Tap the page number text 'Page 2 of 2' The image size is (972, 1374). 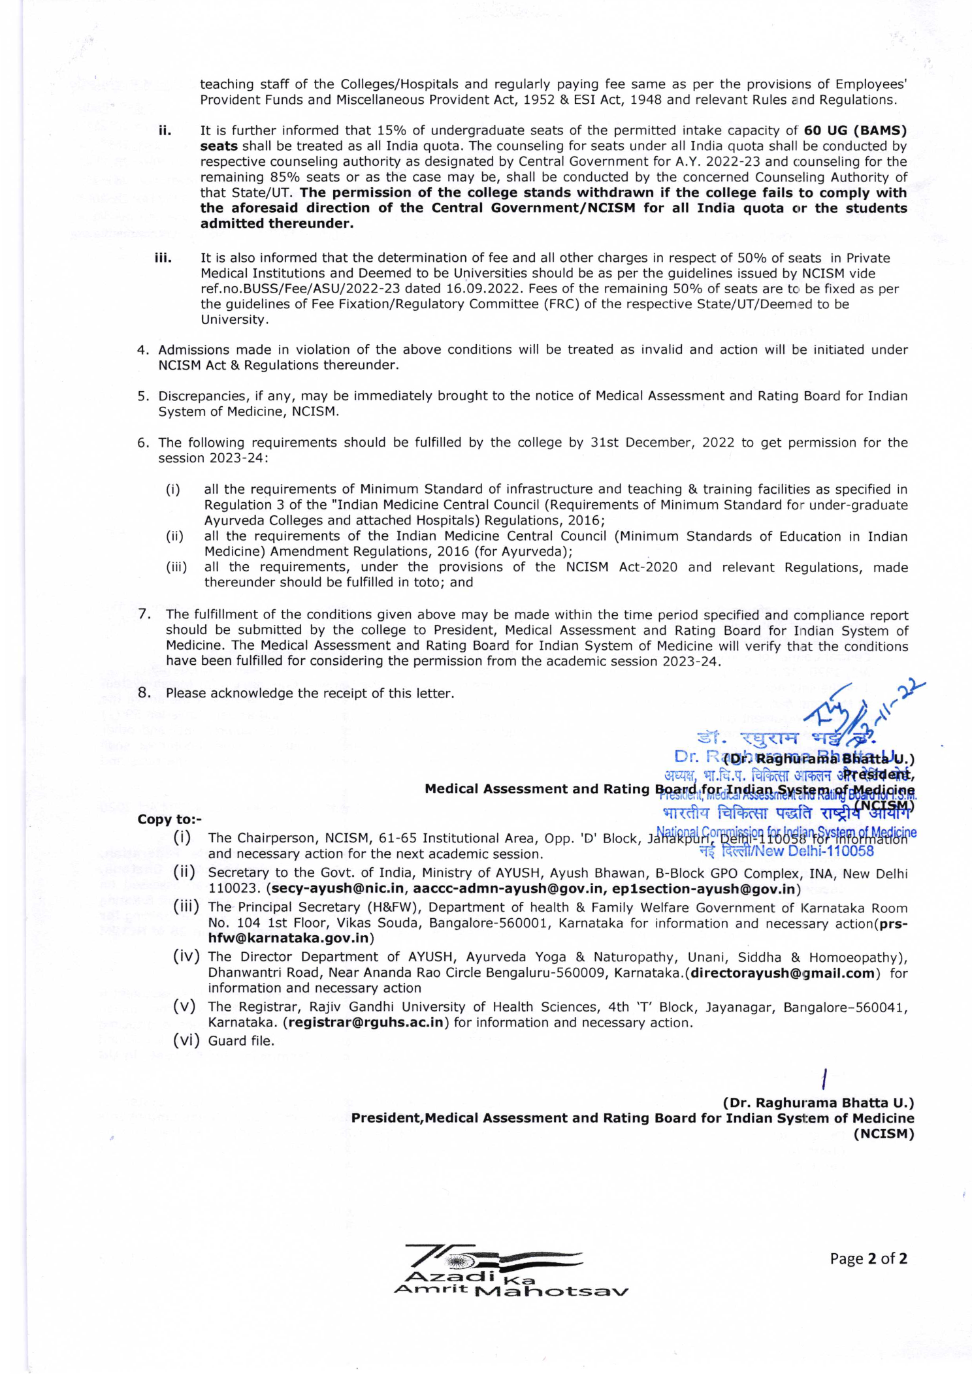click(x=868, y=1258)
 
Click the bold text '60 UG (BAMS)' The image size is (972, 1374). click(x=855, y=131)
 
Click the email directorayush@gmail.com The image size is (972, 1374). click(x=783, y=973)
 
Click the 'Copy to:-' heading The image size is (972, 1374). click(x=170, y=820)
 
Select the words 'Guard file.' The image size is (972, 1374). click(x=241, y=1041)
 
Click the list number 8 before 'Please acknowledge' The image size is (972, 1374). click(x=144, y=693)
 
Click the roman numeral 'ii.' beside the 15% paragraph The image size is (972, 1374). click(x=165, y=131)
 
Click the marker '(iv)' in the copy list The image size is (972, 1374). click(x=186, y=957)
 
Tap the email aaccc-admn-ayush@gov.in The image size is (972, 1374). click(x=508, y=889)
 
